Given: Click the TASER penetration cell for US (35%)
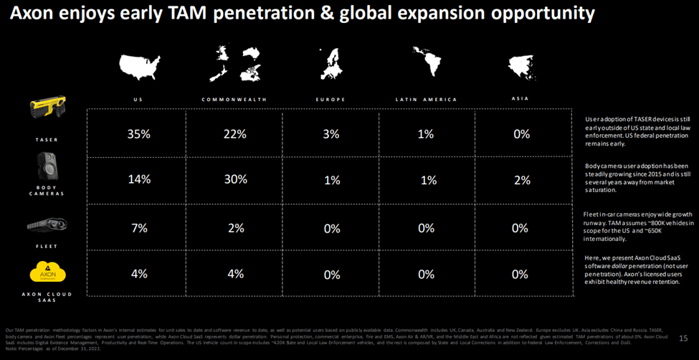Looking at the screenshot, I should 138,134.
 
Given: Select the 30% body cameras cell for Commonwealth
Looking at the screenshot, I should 234,180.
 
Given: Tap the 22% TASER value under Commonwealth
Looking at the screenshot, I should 234,134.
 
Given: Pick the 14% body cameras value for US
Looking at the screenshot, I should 138,180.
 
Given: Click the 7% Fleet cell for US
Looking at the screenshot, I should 138,228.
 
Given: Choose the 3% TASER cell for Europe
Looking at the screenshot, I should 331,134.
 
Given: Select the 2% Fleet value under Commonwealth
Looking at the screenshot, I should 234,228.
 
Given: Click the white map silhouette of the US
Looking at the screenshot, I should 141,65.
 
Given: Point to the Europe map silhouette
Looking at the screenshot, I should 331,65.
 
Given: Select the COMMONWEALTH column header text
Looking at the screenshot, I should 234,99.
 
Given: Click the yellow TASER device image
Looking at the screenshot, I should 47,109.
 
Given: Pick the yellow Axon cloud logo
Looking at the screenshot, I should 47,273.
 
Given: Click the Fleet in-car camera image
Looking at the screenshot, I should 47,224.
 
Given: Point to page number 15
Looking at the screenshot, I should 683,337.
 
